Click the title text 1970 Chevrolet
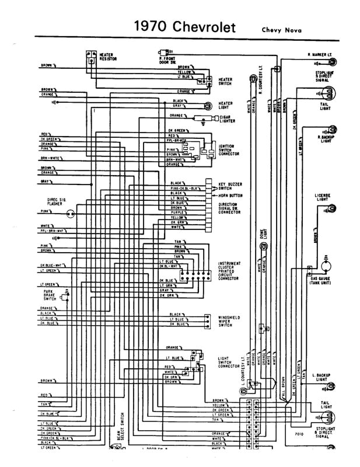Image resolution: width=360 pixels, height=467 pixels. (x=185, y=27)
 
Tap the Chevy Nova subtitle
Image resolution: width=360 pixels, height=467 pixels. (x=281, y=30)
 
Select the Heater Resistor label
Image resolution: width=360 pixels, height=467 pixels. (x=108, y=57)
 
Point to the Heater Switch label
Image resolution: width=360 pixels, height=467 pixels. (x=225, y=81)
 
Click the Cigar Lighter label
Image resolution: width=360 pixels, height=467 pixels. (x=227, y=119)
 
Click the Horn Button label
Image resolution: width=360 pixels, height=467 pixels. (x=230, y=195)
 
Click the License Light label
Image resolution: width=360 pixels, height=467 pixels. (x=322, y=197)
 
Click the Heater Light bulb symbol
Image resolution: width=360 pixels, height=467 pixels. (x=208, y=106)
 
